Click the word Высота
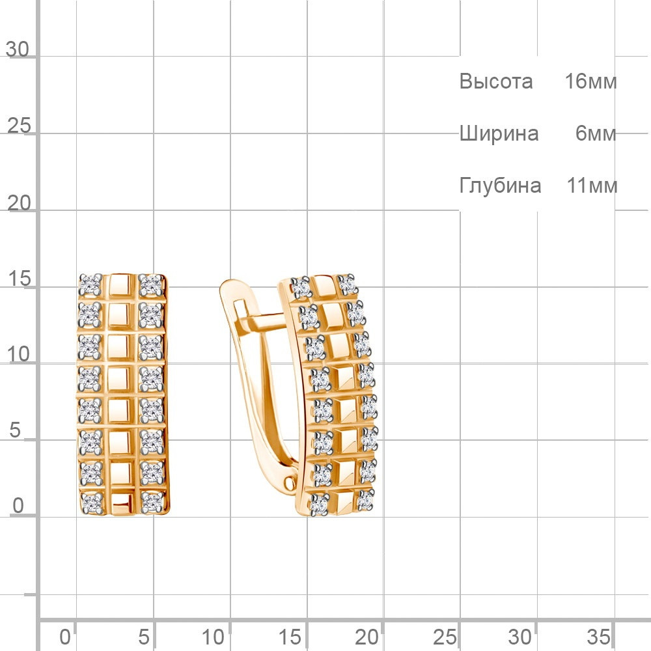coord(495,81)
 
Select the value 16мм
coord(591,81)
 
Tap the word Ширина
coord(499,133)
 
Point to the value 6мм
coord(596,133)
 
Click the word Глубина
coord(500,186)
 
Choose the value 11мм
coord(592,185)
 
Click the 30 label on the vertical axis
coord(18,49)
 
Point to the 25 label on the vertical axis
coord(19,126)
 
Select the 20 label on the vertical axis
coord(19,203)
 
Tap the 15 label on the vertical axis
coord(19,278)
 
